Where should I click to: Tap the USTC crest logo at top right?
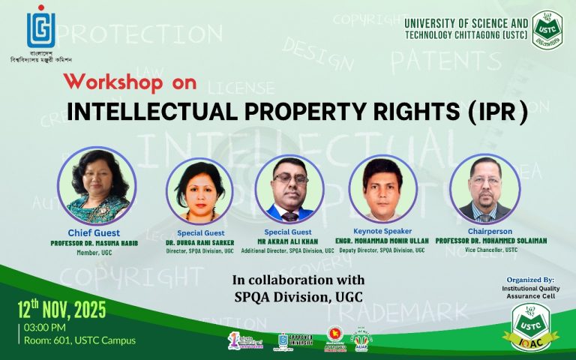click(x=549, y=29)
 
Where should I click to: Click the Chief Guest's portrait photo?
click(x=99, y=184)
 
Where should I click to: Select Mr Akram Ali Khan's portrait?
click(x=289, y=190)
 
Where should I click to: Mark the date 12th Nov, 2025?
click(x=63, y=308)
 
